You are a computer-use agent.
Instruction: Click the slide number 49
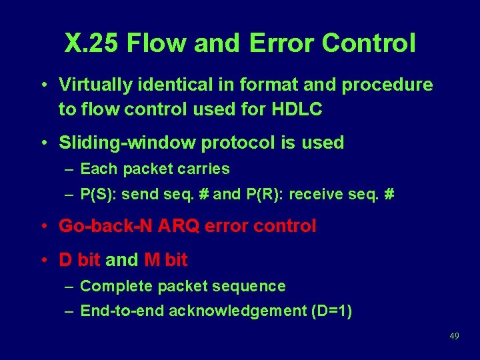[454, 336]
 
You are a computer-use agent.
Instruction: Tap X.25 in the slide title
[92, 43]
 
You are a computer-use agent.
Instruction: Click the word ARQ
[179, 226]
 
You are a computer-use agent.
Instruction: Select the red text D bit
[80, 259]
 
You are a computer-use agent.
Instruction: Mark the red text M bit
[166, 259]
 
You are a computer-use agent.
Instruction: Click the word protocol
[237, 143]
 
